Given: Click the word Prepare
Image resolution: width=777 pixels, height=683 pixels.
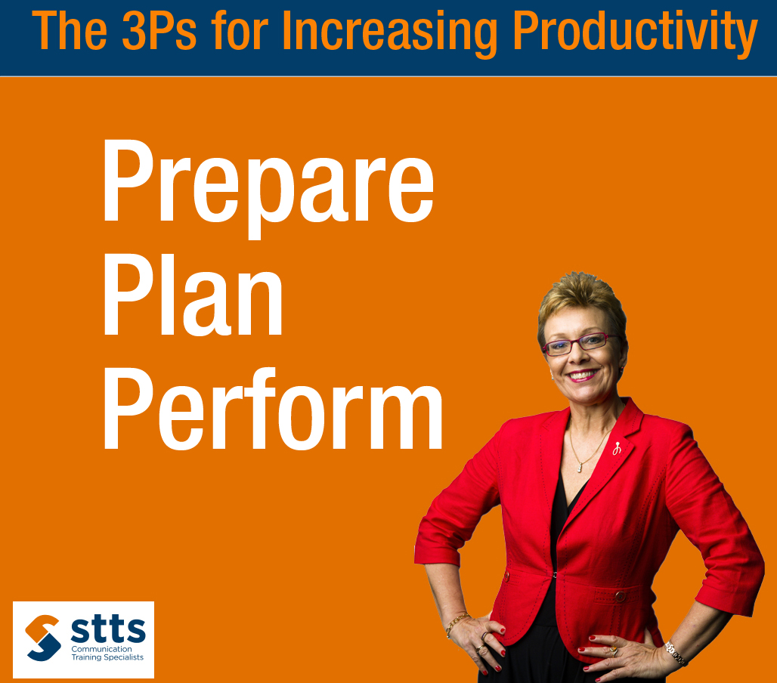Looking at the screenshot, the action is pos(268,187).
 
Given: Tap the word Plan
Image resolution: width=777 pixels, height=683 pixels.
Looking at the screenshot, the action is pos(193,295).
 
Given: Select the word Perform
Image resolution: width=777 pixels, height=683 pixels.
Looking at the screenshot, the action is pos(272,408).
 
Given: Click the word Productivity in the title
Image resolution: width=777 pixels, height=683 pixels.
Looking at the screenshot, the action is pos(635,32).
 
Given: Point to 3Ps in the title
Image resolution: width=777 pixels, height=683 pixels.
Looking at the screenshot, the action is pos(159,31).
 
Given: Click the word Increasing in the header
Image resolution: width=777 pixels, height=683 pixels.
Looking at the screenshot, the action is pos(389,32).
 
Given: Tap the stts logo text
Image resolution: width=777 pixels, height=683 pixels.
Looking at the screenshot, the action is pos(108,629).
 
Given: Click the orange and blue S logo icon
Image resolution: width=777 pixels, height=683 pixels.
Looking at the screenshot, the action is pos(43,638).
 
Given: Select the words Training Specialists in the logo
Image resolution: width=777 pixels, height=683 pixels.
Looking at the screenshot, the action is pos(107,657).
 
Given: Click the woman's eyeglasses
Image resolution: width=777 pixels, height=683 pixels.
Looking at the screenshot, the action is pos(579,344).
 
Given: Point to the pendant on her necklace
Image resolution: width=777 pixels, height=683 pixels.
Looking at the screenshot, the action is pos(579,467).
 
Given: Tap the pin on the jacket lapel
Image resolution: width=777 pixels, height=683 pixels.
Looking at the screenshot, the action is pos(617,448).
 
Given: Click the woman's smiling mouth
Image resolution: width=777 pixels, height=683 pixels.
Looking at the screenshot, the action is pos(582,375).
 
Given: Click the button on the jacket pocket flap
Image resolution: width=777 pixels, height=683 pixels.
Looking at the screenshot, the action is pos(620,596).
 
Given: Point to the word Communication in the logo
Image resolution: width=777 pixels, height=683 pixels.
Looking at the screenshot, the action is pos(101,649).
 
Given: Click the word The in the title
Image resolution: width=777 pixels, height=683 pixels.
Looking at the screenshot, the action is pos(70,31).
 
